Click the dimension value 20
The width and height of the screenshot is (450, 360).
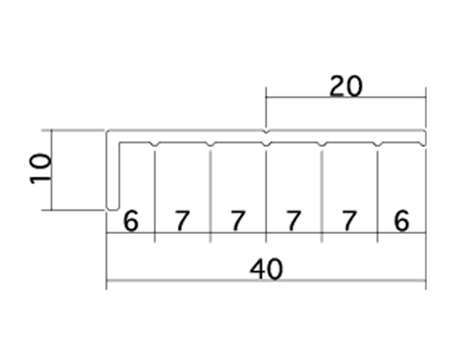[x=346, y=86]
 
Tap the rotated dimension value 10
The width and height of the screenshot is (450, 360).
[x=40, y=167]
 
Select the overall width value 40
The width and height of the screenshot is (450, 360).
[x=266, y=269]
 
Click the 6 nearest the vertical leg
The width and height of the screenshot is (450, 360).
[x=130, y=220]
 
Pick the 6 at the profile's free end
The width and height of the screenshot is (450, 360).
[x=401, y=220]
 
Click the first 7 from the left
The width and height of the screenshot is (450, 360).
[x=182, y=220]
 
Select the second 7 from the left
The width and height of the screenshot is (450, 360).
[x=238, y=220]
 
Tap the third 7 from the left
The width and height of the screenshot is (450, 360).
[x=293, y=220]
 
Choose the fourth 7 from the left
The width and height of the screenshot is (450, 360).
[x=348, y=220]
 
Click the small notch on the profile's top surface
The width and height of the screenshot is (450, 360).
[x=266, y=131]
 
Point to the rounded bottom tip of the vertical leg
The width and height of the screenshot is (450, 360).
[x=112, y=208]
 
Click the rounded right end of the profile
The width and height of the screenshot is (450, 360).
[x=424, y=139]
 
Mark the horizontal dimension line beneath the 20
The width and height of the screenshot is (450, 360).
[x=346, y=97]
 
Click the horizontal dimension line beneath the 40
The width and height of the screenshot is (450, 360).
[x=266, y=281]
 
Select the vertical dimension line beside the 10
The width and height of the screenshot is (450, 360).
[x=51, y=170]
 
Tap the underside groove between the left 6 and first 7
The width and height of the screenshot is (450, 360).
[x=155, y=144]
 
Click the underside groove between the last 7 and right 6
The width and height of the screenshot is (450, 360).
[x=378, y=144]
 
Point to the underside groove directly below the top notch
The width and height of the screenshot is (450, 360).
[x=266, y=144]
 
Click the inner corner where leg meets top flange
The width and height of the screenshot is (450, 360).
[x=120, y=143]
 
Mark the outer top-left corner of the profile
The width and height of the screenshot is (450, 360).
[x=107, y=131]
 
